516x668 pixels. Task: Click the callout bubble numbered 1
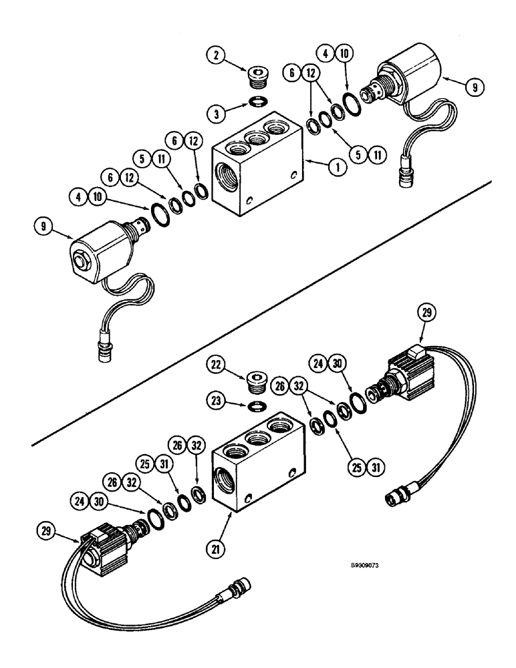337,166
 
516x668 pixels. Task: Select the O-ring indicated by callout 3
257,100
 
